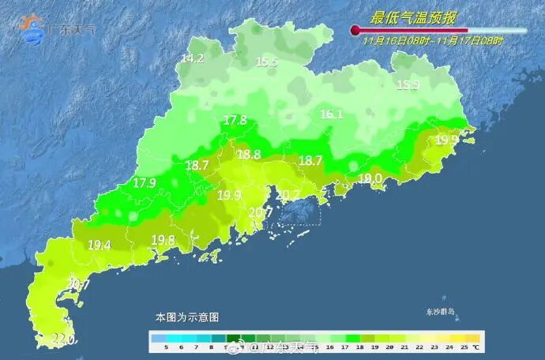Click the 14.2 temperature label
click(192, 59)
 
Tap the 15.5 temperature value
click(267, 62)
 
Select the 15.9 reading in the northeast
click(408, 85)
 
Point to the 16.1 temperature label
click(331, 114)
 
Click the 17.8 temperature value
click(235, 121)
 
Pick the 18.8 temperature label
click(249, 155)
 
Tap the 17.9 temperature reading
click(145, 183)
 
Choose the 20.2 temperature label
click(288, 195)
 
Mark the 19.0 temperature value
click(370, 179)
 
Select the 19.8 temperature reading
click(163, 240)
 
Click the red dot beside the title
click(355, 31)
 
